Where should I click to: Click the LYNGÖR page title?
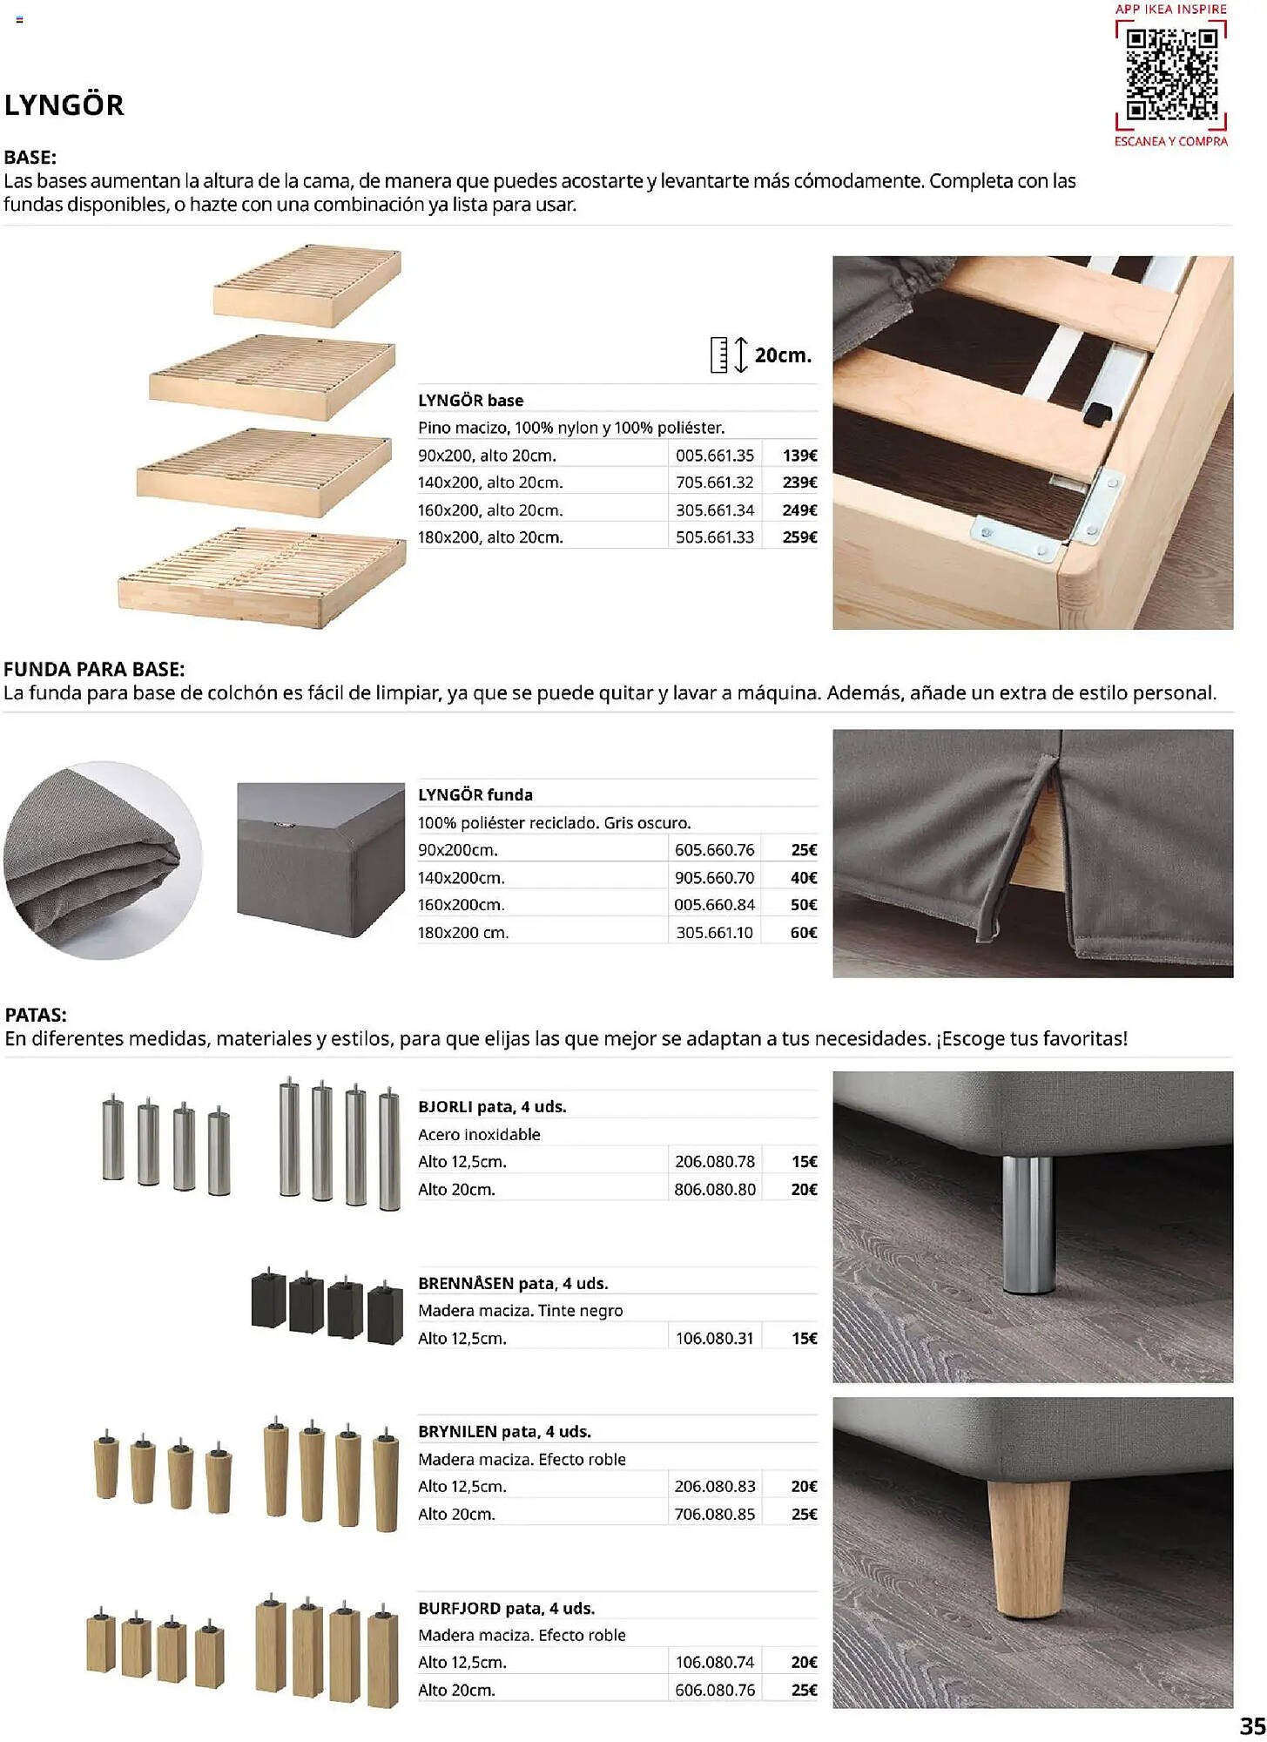click(x=64, y=105)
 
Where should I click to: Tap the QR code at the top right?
click(x=1171, y=75)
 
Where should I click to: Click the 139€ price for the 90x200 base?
click(x=799, y=456)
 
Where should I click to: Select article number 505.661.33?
click(x=714, y=537)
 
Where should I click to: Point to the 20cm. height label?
click(x=783, y=355)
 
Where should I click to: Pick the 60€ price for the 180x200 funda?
click(x=803, y=933)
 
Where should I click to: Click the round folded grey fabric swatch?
click(x=103, y=861)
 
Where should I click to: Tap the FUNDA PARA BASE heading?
click(x=94, y=670)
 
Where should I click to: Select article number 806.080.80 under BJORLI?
click(x=714, y=1190)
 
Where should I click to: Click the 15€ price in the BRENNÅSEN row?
click(x=804, y=1339)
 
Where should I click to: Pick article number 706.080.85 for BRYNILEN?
click(x=714, y=1515)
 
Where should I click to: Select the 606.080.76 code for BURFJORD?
click(x=714, y=1691)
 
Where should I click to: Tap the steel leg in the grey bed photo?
click(x=1028, y=1224)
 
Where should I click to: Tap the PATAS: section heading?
click(x=36, y=1016)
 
